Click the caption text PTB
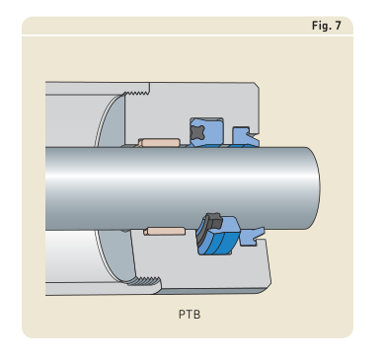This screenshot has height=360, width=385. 190,315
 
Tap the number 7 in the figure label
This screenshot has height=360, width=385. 338,26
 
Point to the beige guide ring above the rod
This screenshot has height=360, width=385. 159,143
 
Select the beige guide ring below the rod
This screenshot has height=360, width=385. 165,231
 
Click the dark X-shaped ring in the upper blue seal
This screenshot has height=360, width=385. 197,133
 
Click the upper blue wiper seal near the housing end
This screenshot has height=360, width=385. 245,137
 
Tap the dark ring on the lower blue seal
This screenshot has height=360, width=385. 212,221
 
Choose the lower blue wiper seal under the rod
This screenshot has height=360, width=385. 253,237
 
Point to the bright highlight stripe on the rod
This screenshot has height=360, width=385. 181,176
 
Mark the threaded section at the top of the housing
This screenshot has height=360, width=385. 136,93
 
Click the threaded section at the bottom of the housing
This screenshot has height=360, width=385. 145,281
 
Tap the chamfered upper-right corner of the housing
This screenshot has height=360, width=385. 257,85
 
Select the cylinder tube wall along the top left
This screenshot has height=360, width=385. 97,88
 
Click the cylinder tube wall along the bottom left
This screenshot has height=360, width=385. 101,288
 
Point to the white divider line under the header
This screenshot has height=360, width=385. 188,35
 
